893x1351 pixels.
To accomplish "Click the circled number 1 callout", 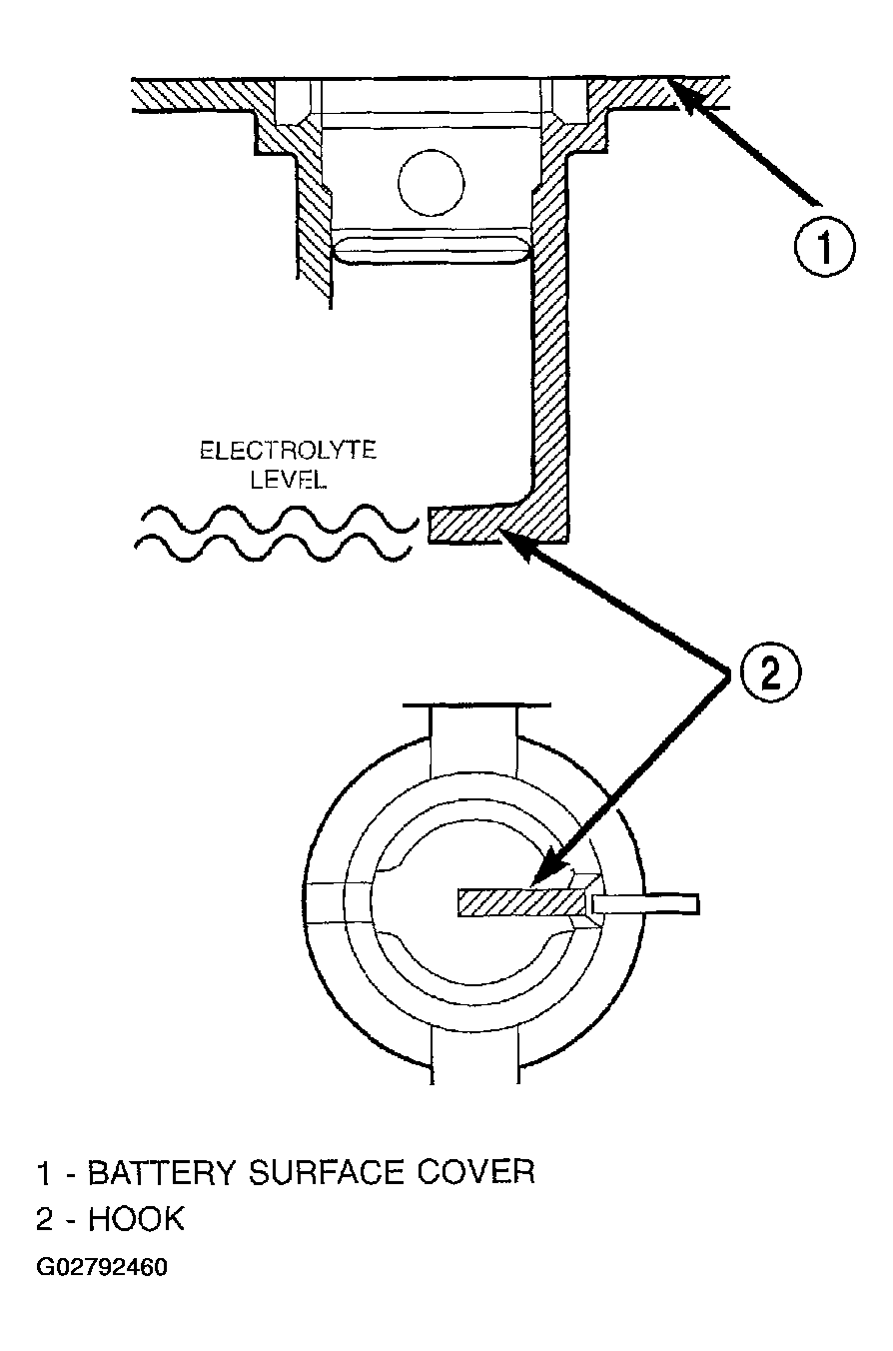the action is (x=824, y=247).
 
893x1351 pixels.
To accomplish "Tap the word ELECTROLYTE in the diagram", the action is (x=289, y=451).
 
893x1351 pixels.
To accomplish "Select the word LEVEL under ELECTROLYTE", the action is (x=289, y=480).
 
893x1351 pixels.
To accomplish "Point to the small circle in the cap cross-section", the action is (x=432, y=183).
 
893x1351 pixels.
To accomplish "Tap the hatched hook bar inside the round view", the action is (x=521, y=903).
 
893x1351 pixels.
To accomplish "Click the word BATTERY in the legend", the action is (x=161, y=1174).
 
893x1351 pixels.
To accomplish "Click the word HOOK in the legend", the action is (x=136, y=1219).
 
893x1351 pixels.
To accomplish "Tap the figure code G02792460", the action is (x=102, y=1267).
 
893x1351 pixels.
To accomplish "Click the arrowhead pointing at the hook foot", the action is (x=518, y=544).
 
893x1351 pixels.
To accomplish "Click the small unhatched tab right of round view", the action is (x=646, y=904).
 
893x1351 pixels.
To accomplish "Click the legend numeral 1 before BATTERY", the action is (x=43, y=1174).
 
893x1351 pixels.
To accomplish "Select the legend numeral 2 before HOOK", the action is (x=45, y=1219).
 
